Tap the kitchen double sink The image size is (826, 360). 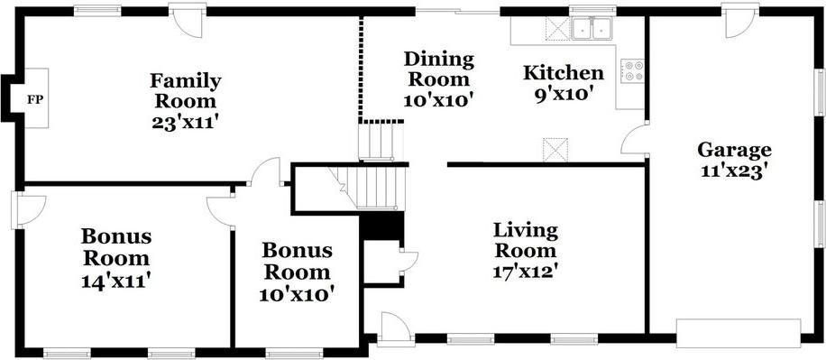pyautogui.click(x=592, y=29)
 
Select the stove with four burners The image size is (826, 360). pyautogui.click(x=632, y=70)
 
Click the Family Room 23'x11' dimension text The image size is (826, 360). pyautogui.click(x=185, y=123)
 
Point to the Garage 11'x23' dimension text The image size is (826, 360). pyautogui.click(x=734, y=171)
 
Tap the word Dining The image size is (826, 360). pyautogui.click(x=438, y=60)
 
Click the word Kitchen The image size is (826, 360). pyautogui.click(x=563, y=73)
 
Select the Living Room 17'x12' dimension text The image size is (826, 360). pyautogui.click(x=525, y=272)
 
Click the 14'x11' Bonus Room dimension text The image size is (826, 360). pyautogui.click(x=116, y=281)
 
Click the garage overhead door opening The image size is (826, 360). pyautogui.click(x=739, y=333)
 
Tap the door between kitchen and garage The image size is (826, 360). pyautogui.click(x=634, y=138)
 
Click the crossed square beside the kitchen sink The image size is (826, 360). pyautogui.click(x=555, y=29)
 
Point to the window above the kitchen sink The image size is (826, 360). pyautogui.click(x=592, y=9)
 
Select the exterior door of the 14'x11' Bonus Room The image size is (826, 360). pyautogui.click(x=27, y=210)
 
